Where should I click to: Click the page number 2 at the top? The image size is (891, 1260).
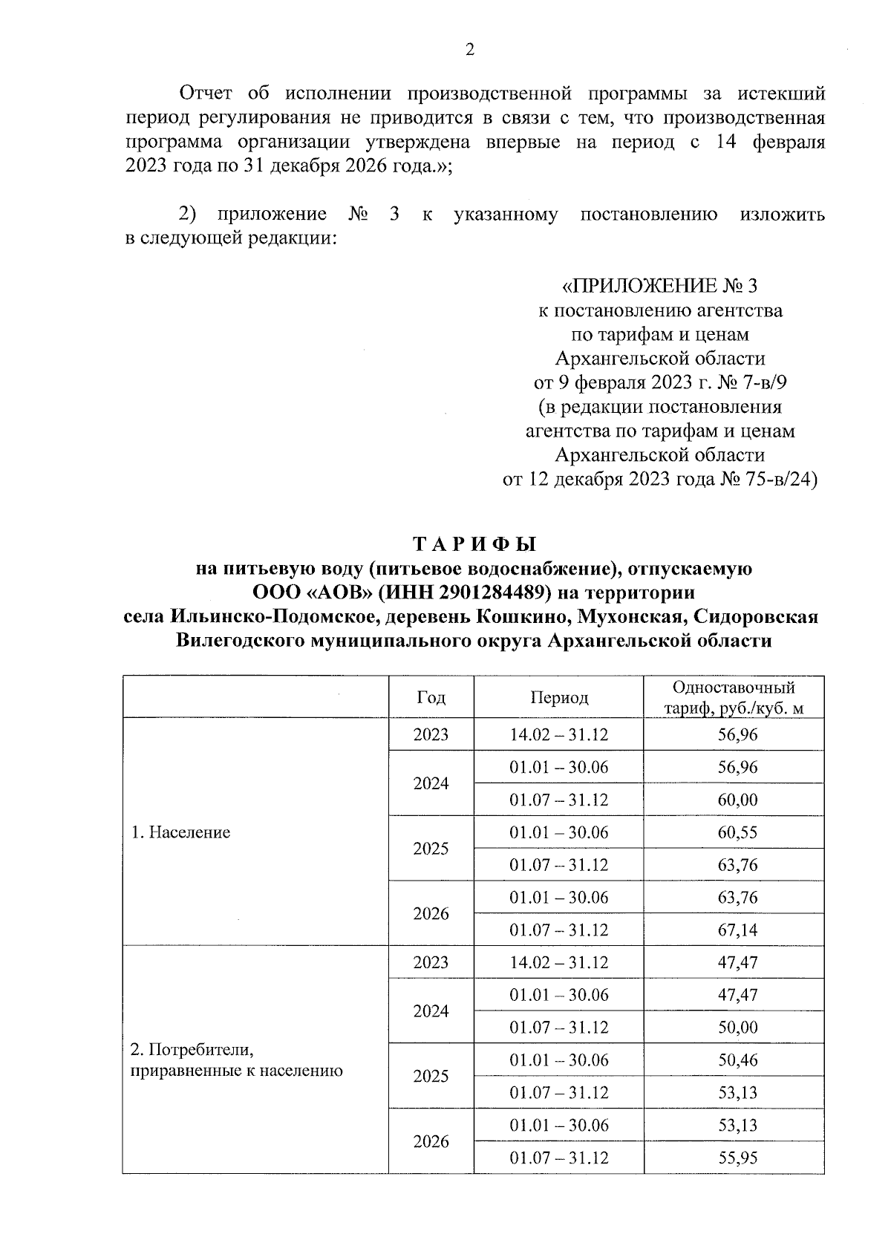tap(469, 50)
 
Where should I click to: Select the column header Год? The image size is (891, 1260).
tap(431, 697)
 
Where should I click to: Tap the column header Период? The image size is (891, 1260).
tap(558, 697)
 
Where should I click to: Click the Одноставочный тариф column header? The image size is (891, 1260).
tap(734, 697)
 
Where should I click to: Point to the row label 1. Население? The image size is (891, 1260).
tap(180, 832)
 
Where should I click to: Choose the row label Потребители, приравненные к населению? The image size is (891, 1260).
tap(236, 1060)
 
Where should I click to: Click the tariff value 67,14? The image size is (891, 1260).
tap(737, 930)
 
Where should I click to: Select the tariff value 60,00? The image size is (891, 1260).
tap(737, 800)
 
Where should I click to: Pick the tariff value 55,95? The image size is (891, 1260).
tap(737, 1158)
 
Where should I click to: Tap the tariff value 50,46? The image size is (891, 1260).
tap(737, 1060)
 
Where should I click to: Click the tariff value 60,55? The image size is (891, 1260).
tap(737, 832)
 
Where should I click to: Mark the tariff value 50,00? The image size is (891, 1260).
tap(737, 1028)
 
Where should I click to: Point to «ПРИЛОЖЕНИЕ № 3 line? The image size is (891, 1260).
tap(659, 286)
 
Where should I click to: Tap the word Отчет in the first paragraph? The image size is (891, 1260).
tap(206, 94)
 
